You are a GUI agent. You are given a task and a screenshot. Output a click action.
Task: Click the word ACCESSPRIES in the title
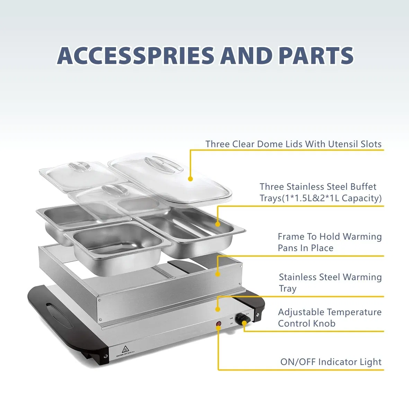click(x=135, y=55)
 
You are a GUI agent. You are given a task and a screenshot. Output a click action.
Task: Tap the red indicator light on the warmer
click(x=219, y=324)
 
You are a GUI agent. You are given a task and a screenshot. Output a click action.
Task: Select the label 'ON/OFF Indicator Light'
click(x=331, y=362)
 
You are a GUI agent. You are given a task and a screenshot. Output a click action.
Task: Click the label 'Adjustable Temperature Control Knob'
click(x=329, y=318)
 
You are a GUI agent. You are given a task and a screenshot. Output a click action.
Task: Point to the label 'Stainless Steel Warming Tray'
click(x=330, y=283)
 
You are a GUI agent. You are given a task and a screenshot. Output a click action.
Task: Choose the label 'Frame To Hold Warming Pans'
click(x=329, y=242)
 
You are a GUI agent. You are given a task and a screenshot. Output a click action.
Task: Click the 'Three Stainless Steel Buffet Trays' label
click(x=320, y=192)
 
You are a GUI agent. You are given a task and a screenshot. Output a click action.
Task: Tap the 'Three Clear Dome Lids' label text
click(x=293, y=144)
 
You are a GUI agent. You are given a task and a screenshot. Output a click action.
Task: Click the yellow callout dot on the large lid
click(x=190, y=179)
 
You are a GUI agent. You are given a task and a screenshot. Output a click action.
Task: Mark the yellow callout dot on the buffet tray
click(x=217, y=224)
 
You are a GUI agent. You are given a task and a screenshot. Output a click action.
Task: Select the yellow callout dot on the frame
click(x=217, y=274)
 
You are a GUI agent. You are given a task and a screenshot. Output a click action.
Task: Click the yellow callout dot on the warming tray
click(x=217, y=309)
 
